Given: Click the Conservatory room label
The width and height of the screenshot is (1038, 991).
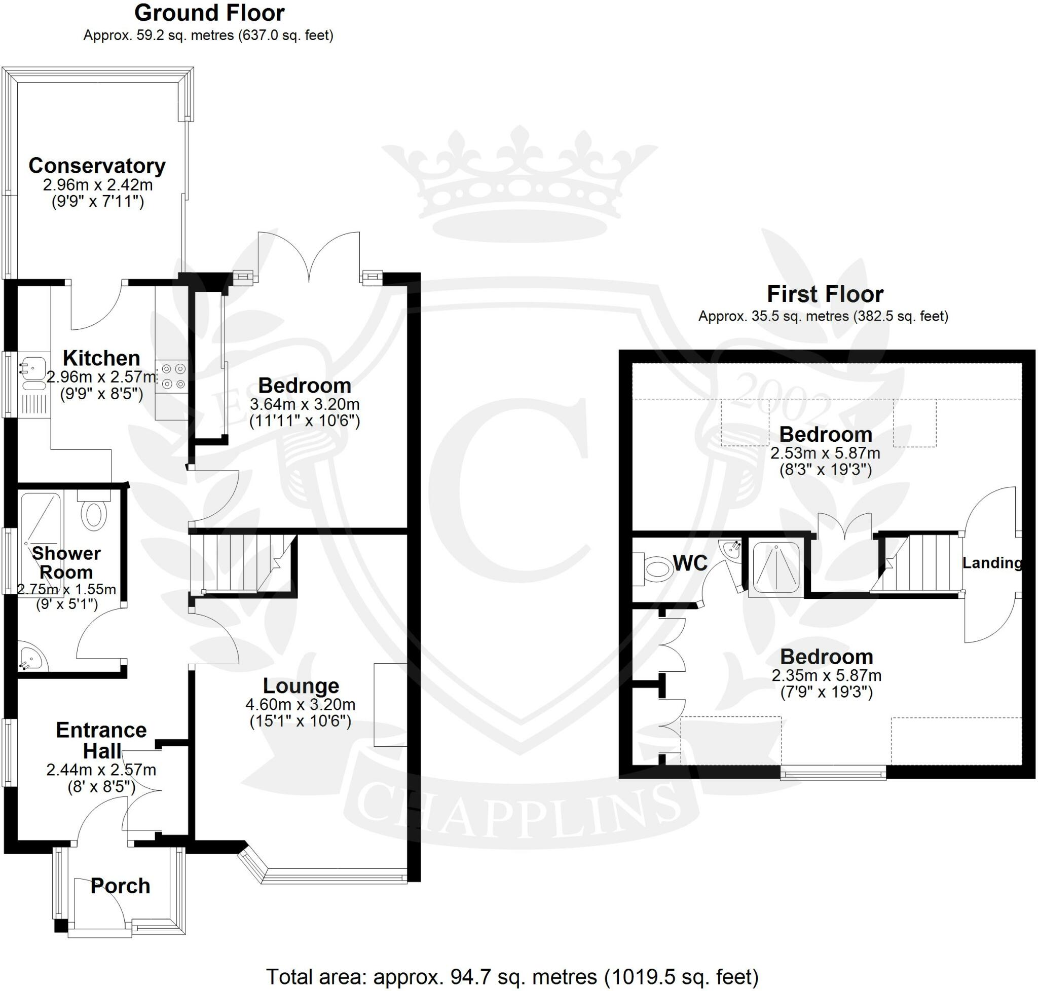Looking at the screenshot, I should [97, 166].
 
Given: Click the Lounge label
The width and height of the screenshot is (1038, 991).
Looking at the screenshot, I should [301, 685].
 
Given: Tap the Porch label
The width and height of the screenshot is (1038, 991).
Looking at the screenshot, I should [121, 886].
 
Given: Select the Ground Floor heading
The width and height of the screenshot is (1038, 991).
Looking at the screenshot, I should [209, 13].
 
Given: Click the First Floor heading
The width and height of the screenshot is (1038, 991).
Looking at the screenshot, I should [825, 294].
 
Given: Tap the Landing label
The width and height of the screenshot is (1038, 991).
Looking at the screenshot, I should [991, 562].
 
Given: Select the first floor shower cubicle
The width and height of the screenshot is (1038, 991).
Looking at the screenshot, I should [776, 567].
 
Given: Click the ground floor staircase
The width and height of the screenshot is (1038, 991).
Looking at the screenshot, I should [243, 564].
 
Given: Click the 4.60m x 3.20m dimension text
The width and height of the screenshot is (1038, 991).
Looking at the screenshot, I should [300, 704].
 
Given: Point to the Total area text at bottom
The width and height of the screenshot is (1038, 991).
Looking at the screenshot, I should [511, 977].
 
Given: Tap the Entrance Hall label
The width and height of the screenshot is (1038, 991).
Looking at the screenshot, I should [101, 740].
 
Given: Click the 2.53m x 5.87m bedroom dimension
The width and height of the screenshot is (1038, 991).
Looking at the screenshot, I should [825, 453].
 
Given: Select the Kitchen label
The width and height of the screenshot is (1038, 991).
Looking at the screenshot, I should [101, 358].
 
